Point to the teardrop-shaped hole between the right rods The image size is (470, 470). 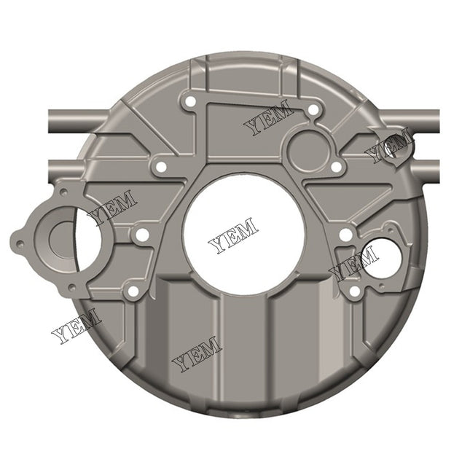397,145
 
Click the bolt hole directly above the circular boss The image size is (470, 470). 313,110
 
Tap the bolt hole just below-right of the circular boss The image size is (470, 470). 336,168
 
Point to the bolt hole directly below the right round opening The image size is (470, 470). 354,291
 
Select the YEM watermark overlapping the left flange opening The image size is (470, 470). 111,208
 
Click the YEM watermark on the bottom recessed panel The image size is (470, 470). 196,353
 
